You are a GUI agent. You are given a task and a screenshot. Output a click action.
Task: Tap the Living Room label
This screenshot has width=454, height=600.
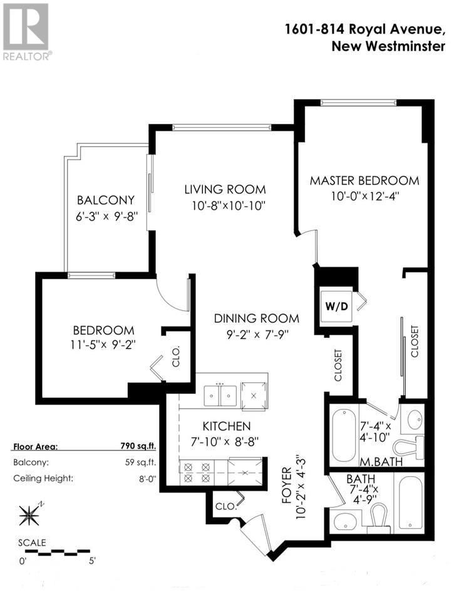[225, 189]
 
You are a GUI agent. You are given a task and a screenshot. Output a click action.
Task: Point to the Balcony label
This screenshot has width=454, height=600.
[106, 200]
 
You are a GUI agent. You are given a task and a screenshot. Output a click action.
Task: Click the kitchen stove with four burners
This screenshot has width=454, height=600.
[197, 471]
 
